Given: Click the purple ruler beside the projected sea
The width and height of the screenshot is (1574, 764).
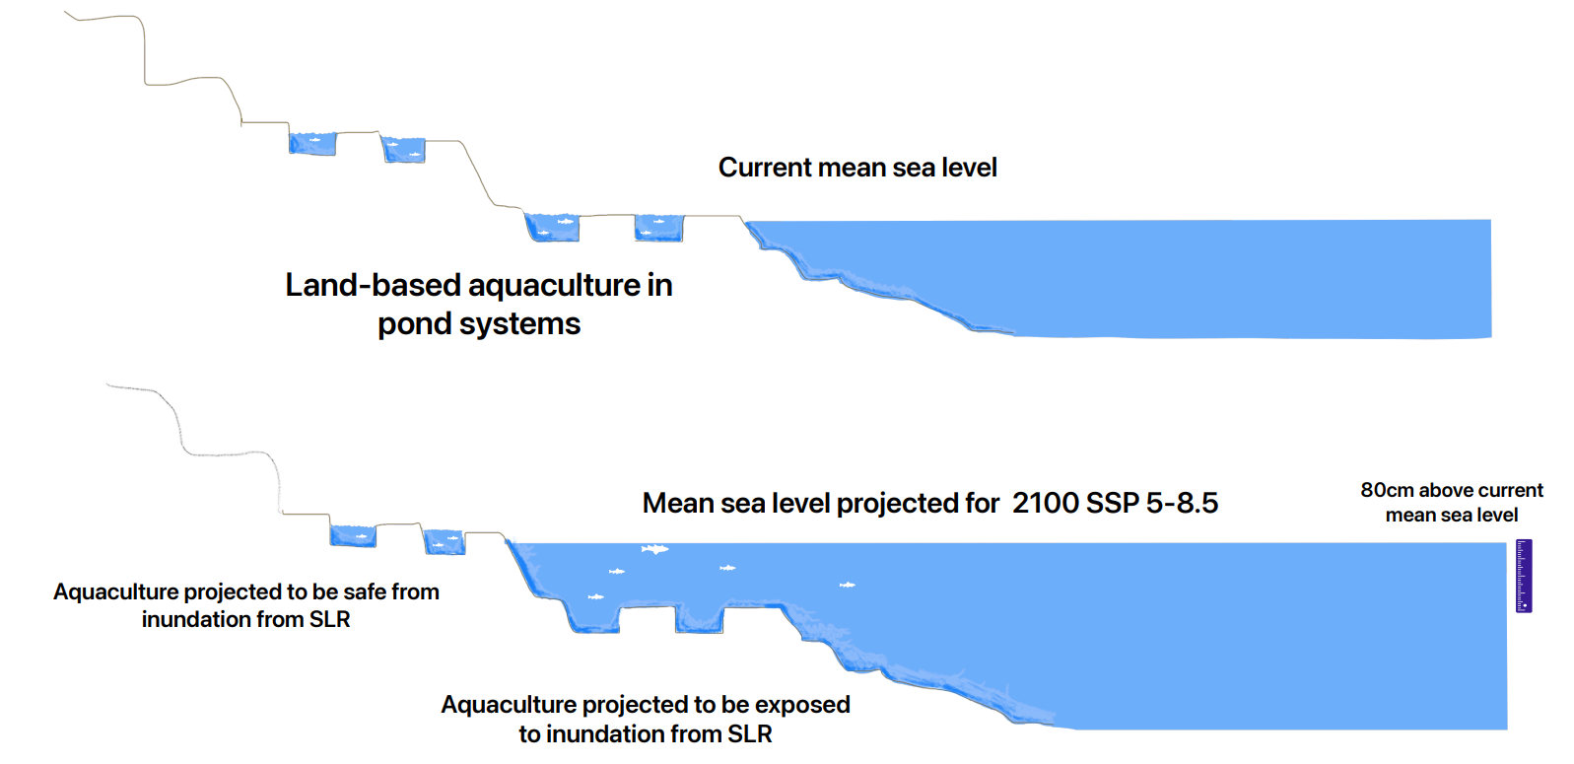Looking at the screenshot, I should [x=1524, y=576].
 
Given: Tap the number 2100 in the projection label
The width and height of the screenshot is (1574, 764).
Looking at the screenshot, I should [x=1045, y=503].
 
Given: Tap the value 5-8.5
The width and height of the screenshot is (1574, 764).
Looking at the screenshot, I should [x=1182, y=503].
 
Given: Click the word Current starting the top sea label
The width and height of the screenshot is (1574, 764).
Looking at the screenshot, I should [x=764, y=168].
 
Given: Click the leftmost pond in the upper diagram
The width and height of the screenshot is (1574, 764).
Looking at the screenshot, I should [x=312, y=143].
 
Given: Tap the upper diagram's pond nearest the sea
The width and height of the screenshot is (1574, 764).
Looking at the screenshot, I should [x=658, y=228].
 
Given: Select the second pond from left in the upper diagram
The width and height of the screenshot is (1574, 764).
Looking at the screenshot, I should [x=403, y=150].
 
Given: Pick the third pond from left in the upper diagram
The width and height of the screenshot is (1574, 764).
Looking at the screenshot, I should [x=552, y=228].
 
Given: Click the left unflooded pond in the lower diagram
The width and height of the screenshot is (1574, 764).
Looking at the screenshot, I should [x=353, y=535].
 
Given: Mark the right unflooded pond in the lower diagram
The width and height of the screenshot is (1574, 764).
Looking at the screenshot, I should [x=444, y=541].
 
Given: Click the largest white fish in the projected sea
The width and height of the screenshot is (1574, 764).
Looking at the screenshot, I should [x=654, y=549].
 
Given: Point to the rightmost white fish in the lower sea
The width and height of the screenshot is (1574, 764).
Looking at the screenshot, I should [x=847, y=585].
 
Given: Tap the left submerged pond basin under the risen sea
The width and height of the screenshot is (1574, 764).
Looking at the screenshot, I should [x=593, y=617].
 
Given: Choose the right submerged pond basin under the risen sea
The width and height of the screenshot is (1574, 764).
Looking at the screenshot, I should [x=699, y=619].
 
